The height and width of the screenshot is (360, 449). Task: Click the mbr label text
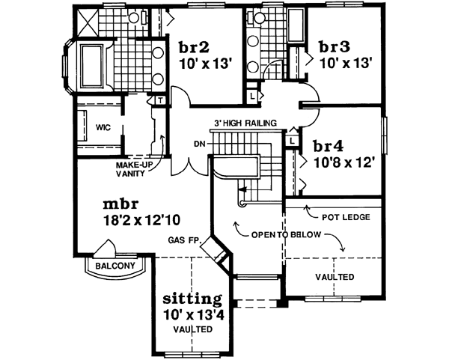pyautogui.click(x=120, y=204)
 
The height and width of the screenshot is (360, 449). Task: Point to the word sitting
pyautogui.click(x=192, y=299)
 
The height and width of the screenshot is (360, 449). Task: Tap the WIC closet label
pyautogui.click(x=103, y=128)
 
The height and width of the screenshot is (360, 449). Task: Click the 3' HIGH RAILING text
pyautogui.click(x=246, y=123)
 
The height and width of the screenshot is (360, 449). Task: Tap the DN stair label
pyautogui.click(x=200, y=144)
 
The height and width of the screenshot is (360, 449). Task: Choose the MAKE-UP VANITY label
pyautogui.click(x=135, y=168)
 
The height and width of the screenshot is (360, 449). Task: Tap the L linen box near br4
pyautogui.click(x=290, y=140)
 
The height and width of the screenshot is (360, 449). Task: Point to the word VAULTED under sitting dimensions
pyautogui.click(x=192, y=329)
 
